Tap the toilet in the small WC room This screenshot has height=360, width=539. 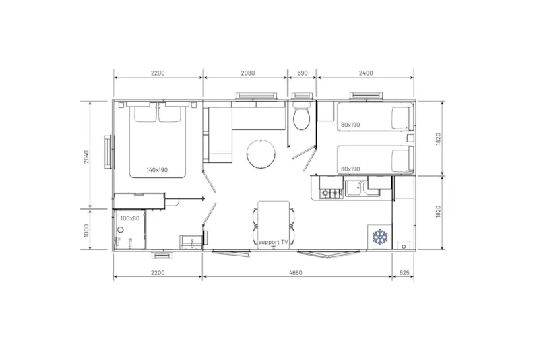pyautogui.click(x=301, y=119)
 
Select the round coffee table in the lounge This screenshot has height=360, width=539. pyautogui.click(x=260, y=154)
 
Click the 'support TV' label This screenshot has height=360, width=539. pyautogui.click(x=274, y=242)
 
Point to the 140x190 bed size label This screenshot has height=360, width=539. pyautogui.click(x=157, y=170)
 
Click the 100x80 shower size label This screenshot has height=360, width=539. pyautogui.click(x=129, y=218)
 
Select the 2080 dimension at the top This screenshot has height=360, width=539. pyautogui.click(x=247, y=73)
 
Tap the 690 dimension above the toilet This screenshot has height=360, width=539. pyautogui.click(x=302, y=73)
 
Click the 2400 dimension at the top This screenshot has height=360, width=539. pyautogui.click(x=366, y=73)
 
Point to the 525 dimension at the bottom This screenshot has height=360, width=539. pyautogui.click(x=404, y=273)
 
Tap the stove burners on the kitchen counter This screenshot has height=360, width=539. pyautogui.click(x=331, y=193)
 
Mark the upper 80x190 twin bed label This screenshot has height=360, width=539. pyautogui.click(x=350, y=125)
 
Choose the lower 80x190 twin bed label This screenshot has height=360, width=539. pyautogui.click(x=350, y=169)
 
